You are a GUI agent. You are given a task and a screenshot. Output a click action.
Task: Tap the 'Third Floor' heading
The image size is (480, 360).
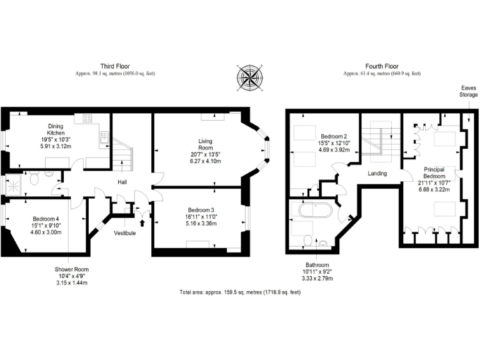115,66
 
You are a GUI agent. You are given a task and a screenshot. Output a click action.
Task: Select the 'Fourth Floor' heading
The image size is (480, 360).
381,66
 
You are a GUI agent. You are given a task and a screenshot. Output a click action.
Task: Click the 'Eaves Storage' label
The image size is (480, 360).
469,92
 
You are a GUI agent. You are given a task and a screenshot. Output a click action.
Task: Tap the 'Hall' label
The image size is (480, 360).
123,182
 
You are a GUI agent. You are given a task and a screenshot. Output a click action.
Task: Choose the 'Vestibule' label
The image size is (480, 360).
125,232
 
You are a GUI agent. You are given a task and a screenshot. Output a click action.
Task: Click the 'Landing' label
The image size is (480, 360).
377,173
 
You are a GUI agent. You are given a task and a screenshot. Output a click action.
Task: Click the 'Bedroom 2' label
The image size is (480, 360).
333,136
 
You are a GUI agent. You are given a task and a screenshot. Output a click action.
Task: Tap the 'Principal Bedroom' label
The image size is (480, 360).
434,173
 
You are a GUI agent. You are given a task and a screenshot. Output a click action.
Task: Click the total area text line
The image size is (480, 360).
240,292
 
